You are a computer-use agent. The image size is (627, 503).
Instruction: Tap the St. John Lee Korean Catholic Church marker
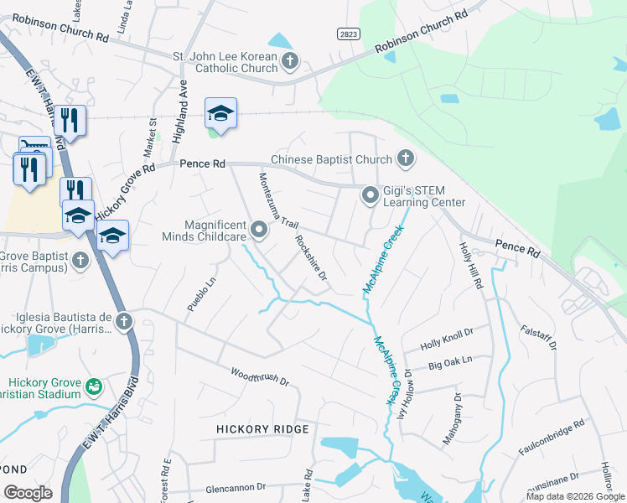click(x=290, y=60)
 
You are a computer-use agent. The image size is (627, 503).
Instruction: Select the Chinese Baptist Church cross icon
click(x=406, y=158)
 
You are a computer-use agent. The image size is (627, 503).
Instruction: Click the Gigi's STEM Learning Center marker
click(x=370, y=195)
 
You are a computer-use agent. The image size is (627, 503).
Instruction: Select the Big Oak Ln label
click(x=450, y=361)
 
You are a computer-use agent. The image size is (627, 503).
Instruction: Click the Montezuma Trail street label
click(x=278, y=200)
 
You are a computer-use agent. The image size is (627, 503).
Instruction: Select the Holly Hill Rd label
click(x=472, y=267)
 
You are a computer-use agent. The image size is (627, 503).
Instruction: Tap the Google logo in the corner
click(x=28, y=492)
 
